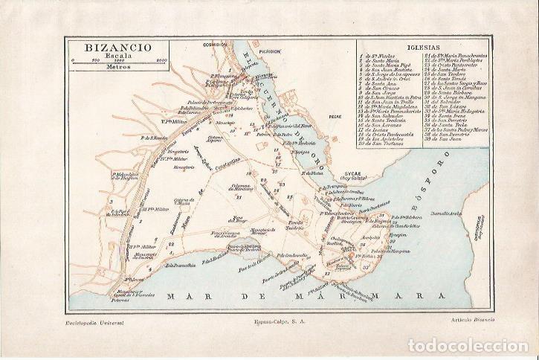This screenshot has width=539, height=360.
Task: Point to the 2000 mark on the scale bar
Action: pos(161,59)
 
